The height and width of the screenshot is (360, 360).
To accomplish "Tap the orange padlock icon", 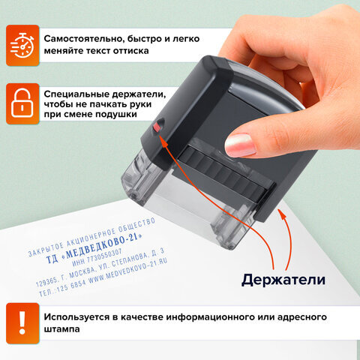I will click(x=22, y=102).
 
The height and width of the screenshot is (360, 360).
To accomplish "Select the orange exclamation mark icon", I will click(x=22, y=321).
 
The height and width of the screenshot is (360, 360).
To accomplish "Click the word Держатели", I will click(x=283, y=280).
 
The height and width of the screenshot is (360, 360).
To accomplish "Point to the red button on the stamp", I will click(x=157, y=129).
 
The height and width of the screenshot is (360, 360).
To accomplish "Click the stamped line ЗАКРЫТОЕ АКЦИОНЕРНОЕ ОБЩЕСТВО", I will click(x=90, y=232).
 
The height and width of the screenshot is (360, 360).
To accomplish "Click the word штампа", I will click(x=67, y=328).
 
